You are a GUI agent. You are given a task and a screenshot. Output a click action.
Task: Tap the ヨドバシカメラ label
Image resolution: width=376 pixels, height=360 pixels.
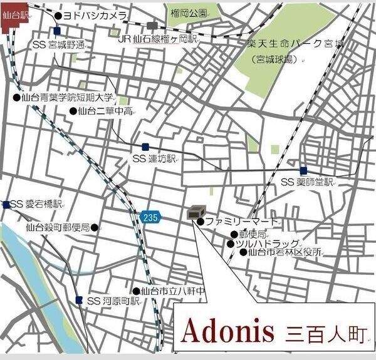[95, 15]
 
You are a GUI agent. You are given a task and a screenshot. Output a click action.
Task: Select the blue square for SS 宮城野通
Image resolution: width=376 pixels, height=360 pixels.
[57, 31]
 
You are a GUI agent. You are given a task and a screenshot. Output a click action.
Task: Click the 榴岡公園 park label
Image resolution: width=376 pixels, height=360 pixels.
[188, 13]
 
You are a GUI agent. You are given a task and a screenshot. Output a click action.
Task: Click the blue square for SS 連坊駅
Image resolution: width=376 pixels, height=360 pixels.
[145, 147]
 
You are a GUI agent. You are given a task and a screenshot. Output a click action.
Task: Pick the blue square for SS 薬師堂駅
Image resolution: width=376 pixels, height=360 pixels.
[303, 170]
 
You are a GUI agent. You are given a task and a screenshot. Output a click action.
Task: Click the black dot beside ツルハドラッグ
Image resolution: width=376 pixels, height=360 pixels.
[231, 244]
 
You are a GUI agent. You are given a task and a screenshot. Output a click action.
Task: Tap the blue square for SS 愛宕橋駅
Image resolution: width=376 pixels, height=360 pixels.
[6, 205]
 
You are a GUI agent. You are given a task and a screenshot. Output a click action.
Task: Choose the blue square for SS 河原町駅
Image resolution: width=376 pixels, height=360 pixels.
[78, 301]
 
